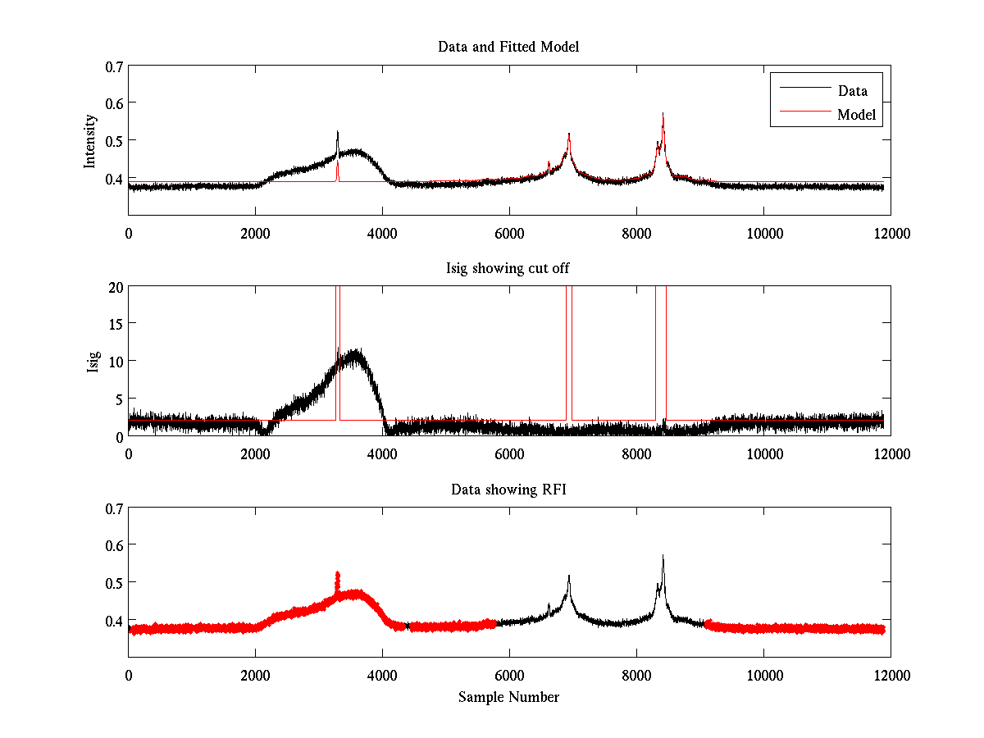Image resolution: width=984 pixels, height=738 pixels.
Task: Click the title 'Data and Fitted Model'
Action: tap(508, 47)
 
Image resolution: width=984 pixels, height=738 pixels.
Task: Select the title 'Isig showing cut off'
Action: tap(508, 268)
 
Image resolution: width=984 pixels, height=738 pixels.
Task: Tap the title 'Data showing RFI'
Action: tap(508, 490)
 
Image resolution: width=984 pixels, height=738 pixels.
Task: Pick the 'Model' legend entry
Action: tap(858, 115)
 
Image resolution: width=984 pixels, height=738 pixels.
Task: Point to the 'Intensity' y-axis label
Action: tap(91, 140)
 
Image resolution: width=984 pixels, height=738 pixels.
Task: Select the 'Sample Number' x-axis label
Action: tap(508, 697)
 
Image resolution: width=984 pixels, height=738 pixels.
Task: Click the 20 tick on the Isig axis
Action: tap(115, 287)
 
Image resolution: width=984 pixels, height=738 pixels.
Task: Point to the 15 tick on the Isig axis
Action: tap(115, 324)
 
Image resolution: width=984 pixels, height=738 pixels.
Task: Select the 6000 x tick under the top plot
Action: tap(509, 233)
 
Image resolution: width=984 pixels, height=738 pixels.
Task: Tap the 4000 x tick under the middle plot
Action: tap(382, 453)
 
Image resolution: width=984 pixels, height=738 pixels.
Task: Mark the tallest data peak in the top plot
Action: tap(663, 115)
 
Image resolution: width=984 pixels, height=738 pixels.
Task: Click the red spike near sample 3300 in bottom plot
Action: tap(337, 575)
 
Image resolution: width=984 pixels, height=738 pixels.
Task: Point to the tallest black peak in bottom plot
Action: tap(663, 557)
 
